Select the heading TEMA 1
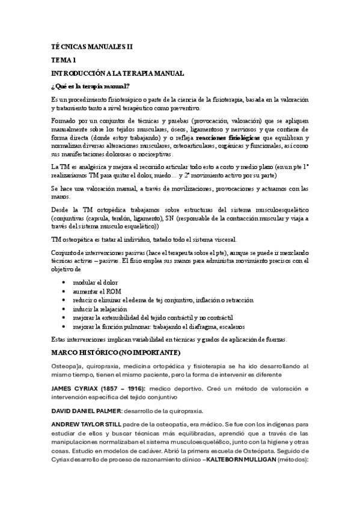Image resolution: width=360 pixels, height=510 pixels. pos(64,60)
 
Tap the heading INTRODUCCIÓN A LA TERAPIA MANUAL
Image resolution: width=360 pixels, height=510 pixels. pos(117,73)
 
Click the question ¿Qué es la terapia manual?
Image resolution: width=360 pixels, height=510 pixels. pos(91,85)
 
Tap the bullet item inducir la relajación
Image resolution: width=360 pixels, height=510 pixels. pos(100,309)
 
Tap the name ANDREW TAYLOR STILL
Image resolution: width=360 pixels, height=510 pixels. pos(88,424)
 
